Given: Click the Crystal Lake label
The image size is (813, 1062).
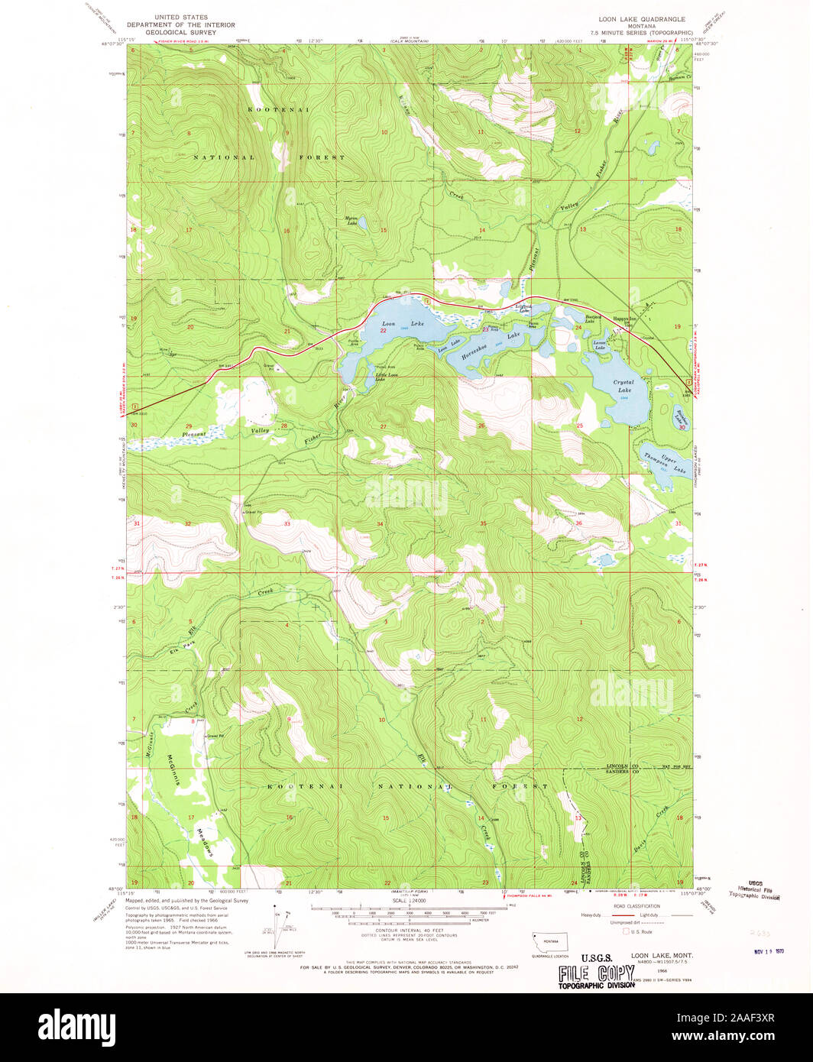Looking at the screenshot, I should click(624, 386).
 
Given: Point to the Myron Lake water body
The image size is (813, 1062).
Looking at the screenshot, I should click(362, 223).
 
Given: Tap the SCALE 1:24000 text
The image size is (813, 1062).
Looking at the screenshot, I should click(408, 902).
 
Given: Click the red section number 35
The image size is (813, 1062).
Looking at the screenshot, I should click(483, 523).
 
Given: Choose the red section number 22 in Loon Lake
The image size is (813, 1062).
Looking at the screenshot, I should click(384, 331).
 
